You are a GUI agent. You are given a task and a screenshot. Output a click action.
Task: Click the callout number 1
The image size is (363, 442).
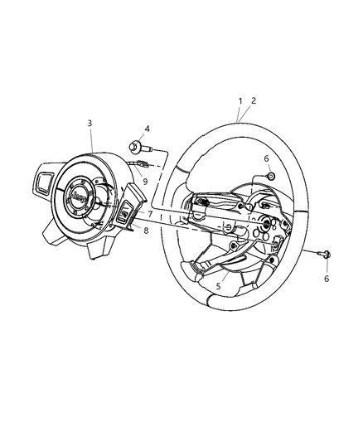(x=240, y=101)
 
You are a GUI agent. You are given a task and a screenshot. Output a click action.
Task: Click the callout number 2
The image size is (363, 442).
(x=253, y=101)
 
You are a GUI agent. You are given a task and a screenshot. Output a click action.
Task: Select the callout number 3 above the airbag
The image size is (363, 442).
(x=90, y=123)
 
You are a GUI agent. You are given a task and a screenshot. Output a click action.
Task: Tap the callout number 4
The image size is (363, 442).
(x=147, y=129)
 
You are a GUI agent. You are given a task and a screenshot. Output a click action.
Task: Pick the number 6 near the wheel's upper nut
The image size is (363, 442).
(x=266, y=158)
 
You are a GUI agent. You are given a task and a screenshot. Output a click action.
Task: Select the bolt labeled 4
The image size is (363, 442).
(x=135, y=148)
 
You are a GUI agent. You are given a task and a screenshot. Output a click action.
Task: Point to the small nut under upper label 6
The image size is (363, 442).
(x=270, y=176)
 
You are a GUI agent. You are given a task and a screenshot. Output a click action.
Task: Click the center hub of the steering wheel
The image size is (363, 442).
(x=269, y=225)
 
